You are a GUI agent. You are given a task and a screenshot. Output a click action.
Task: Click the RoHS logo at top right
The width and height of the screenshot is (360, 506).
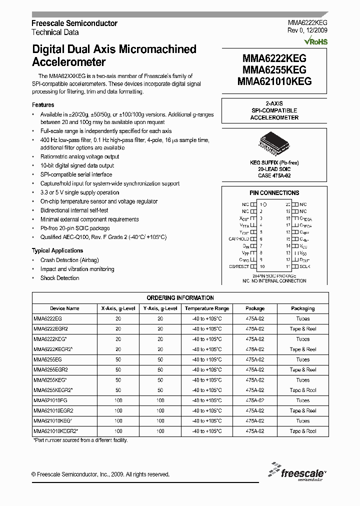[315, 42]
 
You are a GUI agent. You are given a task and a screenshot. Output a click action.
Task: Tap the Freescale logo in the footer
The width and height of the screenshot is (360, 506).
[297, 471]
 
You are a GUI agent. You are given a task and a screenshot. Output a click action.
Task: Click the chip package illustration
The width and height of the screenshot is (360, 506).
[273, 144]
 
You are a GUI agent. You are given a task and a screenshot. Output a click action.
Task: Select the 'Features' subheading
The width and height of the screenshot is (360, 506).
[43, 105]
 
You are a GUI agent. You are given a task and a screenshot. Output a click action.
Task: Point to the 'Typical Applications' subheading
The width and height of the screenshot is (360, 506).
[57, 250]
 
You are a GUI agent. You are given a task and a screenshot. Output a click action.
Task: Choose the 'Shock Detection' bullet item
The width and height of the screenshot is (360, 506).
[59, 278]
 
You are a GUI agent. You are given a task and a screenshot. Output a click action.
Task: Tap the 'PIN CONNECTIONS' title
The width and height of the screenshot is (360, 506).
[274, 192]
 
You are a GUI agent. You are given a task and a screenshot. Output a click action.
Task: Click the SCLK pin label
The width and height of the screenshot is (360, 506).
[304, 266]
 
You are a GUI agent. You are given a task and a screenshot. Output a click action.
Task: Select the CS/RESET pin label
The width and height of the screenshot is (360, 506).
[238, 266]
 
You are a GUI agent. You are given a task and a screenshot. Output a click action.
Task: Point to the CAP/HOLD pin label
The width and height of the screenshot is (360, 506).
[238, 239]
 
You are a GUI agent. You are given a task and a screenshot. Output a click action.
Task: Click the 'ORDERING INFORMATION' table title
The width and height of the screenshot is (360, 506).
[180, 297]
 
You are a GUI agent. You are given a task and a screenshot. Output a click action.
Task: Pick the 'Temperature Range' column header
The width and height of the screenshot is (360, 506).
[206, 308]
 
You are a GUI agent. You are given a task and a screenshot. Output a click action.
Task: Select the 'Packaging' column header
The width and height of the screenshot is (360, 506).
[302, 308]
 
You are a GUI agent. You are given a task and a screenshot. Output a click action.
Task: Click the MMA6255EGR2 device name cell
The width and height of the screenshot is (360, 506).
[50, 369]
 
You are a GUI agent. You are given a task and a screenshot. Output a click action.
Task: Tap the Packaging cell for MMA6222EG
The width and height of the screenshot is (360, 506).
[302, 318]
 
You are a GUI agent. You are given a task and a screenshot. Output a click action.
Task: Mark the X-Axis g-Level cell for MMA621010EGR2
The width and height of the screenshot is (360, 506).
[118, 410]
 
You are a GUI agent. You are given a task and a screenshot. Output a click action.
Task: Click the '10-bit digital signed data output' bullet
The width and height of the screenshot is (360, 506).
[77, 165]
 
